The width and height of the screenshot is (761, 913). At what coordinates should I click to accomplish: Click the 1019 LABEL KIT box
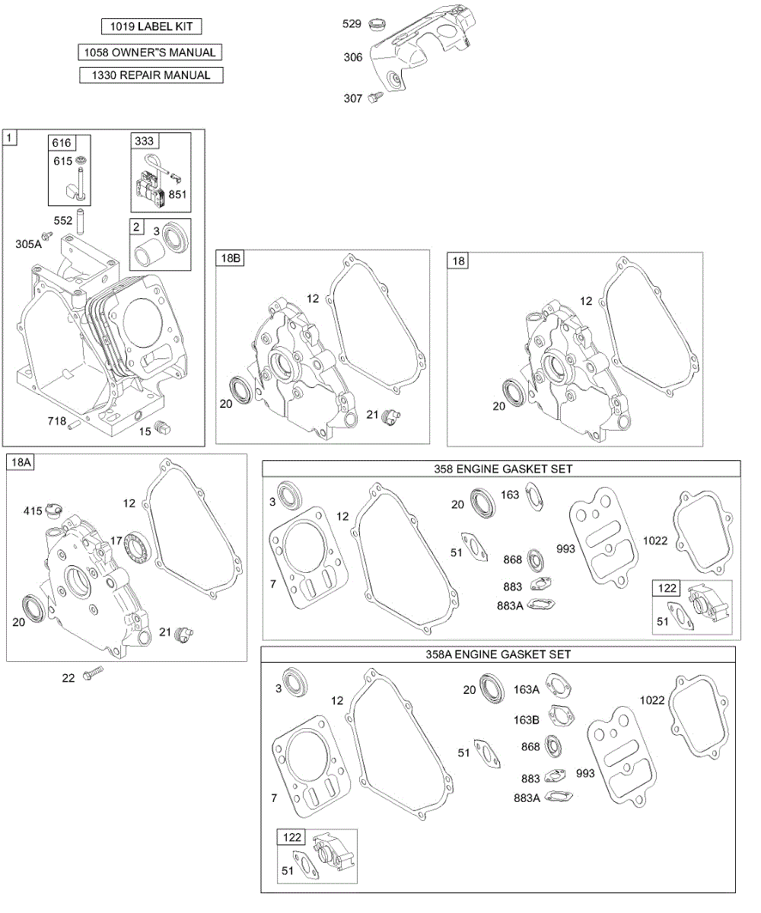point(151,26)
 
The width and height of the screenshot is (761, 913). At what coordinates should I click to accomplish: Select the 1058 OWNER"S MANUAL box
point(150,52)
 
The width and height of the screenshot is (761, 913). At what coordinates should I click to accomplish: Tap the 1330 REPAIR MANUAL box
point(151,75)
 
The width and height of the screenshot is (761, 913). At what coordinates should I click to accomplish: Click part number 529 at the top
point(352,24)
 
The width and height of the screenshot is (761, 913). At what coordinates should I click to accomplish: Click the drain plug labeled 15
point(162,427)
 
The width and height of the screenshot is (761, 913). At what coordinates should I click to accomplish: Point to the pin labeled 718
point(75,424)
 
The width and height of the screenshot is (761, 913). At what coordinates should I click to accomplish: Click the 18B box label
point(230,258)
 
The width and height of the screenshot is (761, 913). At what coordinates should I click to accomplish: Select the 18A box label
point(21,462)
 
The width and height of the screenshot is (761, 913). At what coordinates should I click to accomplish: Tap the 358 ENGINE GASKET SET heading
point(503,469)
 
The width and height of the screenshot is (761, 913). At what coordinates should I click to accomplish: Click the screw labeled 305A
point(46,235)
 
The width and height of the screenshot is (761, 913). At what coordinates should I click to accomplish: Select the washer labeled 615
point(81,160)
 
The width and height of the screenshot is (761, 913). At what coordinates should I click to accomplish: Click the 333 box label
point(145,141)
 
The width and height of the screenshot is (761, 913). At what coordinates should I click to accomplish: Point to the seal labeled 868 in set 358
point(535,561)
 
